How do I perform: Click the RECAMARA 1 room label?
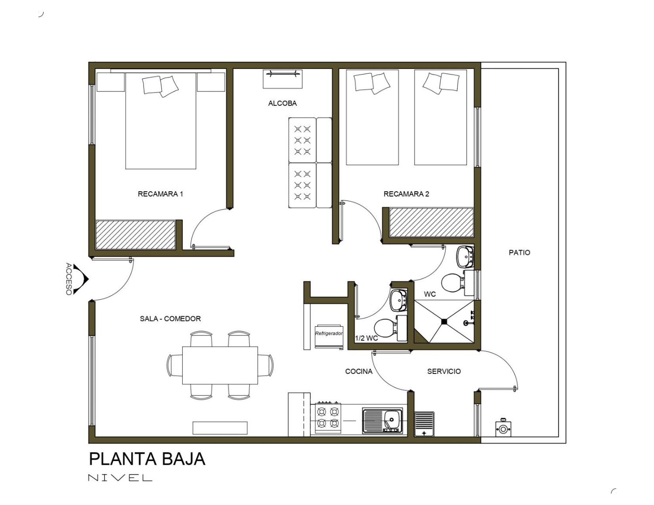pos(160,194)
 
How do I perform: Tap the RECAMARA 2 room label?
pos(406,194)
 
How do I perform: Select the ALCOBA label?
pos(282,103)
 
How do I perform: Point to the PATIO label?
pos(519,252)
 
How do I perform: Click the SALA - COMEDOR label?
pos(170,318)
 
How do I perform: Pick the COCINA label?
pos(359,371)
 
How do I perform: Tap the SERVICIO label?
pos(444,371)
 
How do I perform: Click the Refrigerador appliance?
pos(329,336)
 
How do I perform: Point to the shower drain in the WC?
pos(444,322)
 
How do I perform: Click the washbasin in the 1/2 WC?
pos(398,300)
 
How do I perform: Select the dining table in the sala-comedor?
pos(220,366)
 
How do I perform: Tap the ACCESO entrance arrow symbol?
pos(81,279)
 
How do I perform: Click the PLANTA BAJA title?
pos(147,459)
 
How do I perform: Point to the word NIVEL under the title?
pos(120,478)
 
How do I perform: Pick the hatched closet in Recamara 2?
pos(431,222)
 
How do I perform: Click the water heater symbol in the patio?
pos(503,428)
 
